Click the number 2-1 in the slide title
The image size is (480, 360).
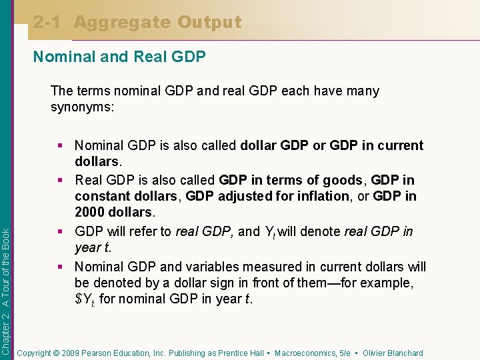48,22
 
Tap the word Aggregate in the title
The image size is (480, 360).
122,22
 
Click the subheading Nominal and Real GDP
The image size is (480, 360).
119,57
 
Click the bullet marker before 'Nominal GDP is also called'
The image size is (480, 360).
65,145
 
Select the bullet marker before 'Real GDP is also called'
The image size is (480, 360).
65,180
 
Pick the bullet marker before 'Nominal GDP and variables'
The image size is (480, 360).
65,267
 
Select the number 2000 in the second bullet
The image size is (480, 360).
91,213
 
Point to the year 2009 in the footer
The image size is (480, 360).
77,353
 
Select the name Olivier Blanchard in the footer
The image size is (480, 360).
393,353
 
